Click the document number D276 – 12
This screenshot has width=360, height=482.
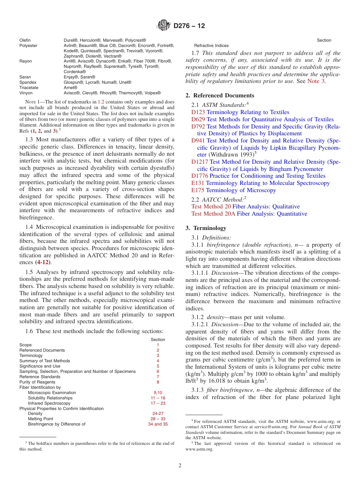pyautogui.click(x=189, y=26)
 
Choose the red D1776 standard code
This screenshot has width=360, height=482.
pyautogui.click(x=200, y=176)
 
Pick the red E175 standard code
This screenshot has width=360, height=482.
pyautogui.click(x=198, y=190)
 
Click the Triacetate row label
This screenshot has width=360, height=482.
pyautogui.click(x=29, y=88)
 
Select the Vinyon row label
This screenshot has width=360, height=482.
pyautogui.click(x=26, y=93)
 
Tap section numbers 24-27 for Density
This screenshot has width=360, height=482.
pyautogui.click(x=158, y=414)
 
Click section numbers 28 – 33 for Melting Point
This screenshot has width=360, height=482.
pyautogui.click(x=158, y=419)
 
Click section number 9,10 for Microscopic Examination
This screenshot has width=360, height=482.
pyautogui.click(x=158, y=393)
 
